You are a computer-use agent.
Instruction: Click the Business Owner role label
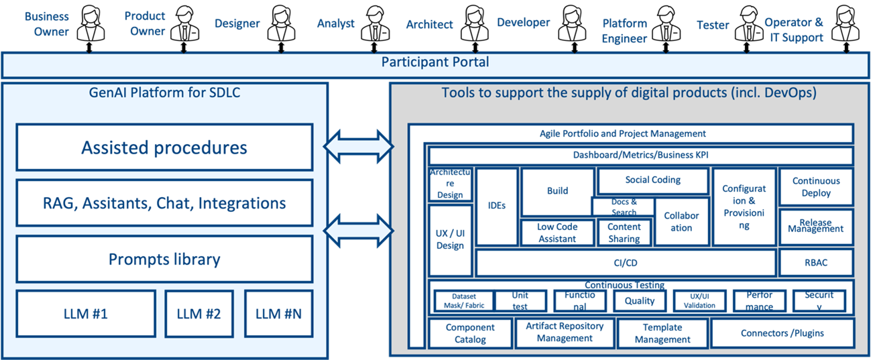click(46, 23)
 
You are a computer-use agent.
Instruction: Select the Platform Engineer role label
click(624, 31)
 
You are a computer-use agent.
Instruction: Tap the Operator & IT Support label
click(793, 30)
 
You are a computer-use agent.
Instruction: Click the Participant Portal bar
click(435, 63)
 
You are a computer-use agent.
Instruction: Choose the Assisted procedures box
click(164, 147)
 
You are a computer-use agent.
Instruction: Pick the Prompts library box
click(164, 259)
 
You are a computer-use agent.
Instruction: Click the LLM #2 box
click(198, 313)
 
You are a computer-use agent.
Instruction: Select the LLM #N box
click(278, 313)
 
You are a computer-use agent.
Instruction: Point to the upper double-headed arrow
click(359, 144)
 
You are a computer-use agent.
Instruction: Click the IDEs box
click(497, 206)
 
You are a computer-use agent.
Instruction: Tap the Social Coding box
click(652, 180)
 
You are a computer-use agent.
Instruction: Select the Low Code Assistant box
click(557, 233)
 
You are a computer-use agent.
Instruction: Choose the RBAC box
click(815, 263)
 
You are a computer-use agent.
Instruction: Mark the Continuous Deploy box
click(816, 187)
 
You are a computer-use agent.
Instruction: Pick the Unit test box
click(520, 301)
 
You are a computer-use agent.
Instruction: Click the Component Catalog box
click(470, 333)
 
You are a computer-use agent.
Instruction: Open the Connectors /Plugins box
click(782, 333)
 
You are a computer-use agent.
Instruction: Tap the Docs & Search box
click(624, 207)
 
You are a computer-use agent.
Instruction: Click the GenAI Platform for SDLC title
click(164, 93)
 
